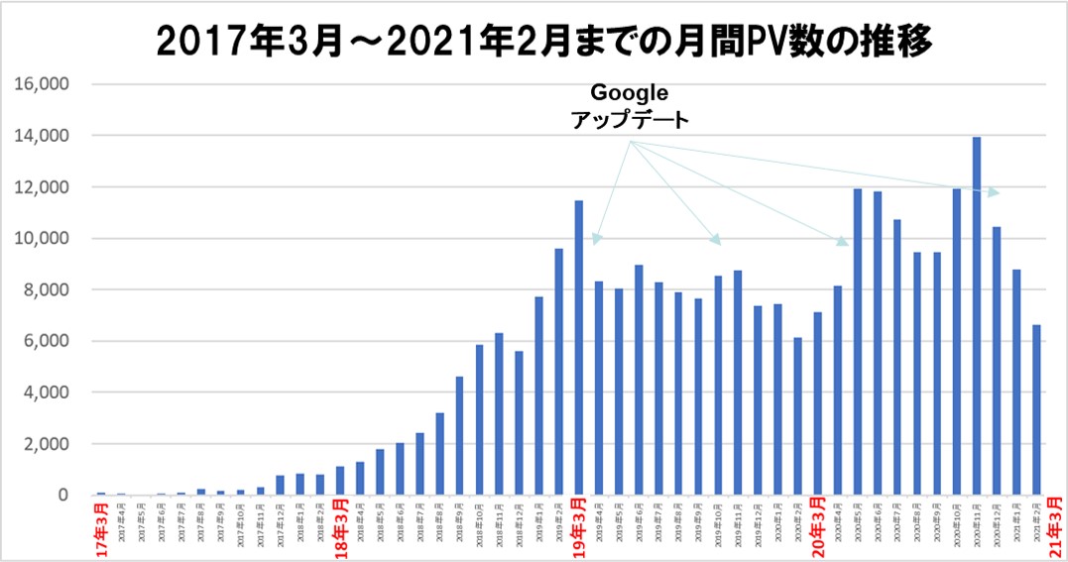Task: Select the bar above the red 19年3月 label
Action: [578, 347]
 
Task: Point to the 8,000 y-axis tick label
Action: [46, 289]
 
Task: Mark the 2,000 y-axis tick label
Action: [46, 443]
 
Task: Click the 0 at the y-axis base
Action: [62, 495]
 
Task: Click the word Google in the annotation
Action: [630, 92]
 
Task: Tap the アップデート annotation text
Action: [630, 119]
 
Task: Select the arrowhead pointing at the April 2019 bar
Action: [596, 239]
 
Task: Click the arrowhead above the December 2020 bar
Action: [996, 192]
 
